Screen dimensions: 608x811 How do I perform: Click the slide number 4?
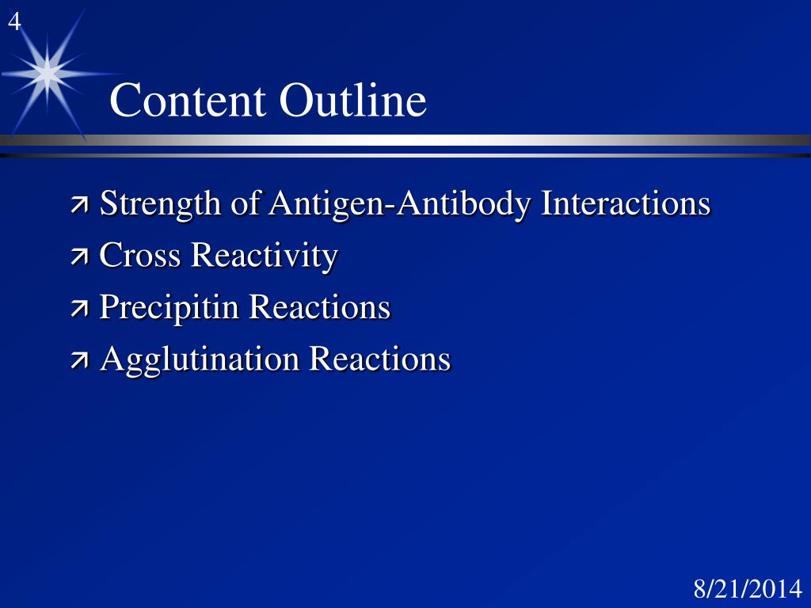click(14, 24)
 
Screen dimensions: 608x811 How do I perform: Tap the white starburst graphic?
click(48, 74)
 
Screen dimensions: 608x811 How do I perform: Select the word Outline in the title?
click(352, 101)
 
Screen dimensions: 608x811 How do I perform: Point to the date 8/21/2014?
click(748, 590)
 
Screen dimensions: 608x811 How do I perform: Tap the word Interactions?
click(626, 203)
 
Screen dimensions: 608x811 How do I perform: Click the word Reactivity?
click(265, 256)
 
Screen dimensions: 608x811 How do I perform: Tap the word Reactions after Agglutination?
click(379, 359)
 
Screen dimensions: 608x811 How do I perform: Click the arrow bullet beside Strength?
click(80, 207)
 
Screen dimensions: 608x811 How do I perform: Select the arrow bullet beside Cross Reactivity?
click(80, 258)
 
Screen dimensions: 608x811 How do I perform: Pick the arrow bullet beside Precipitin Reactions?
click(80, 310)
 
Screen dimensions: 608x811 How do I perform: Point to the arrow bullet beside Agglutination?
click(80, 361)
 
